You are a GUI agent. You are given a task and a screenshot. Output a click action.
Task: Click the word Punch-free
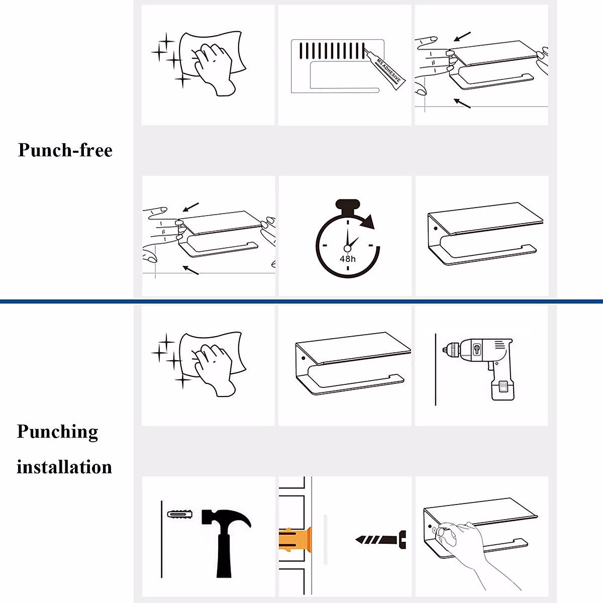[x=65, y=150]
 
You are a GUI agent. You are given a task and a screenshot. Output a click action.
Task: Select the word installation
[x=64, y=467]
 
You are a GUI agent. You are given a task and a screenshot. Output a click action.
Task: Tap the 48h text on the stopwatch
[x=347, y=259]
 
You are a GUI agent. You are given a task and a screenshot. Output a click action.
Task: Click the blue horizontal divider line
[x=301, y=301]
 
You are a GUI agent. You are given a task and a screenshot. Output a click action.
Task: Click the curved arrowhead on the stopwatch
[x=369, y=222]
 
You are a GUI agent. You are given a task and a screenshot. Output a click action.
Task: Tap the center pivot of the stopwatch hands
[x=347, y=249]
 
